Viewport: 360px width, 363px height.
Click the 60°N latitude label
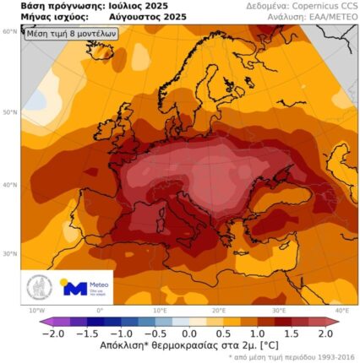pos(10,31)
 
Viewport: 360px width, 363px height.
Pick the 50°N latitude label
pos(10,111)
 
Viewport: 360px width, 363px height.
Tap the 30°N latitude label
pos(10,252)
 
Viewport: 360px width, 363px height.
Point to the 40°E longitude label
pos(341,311)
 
